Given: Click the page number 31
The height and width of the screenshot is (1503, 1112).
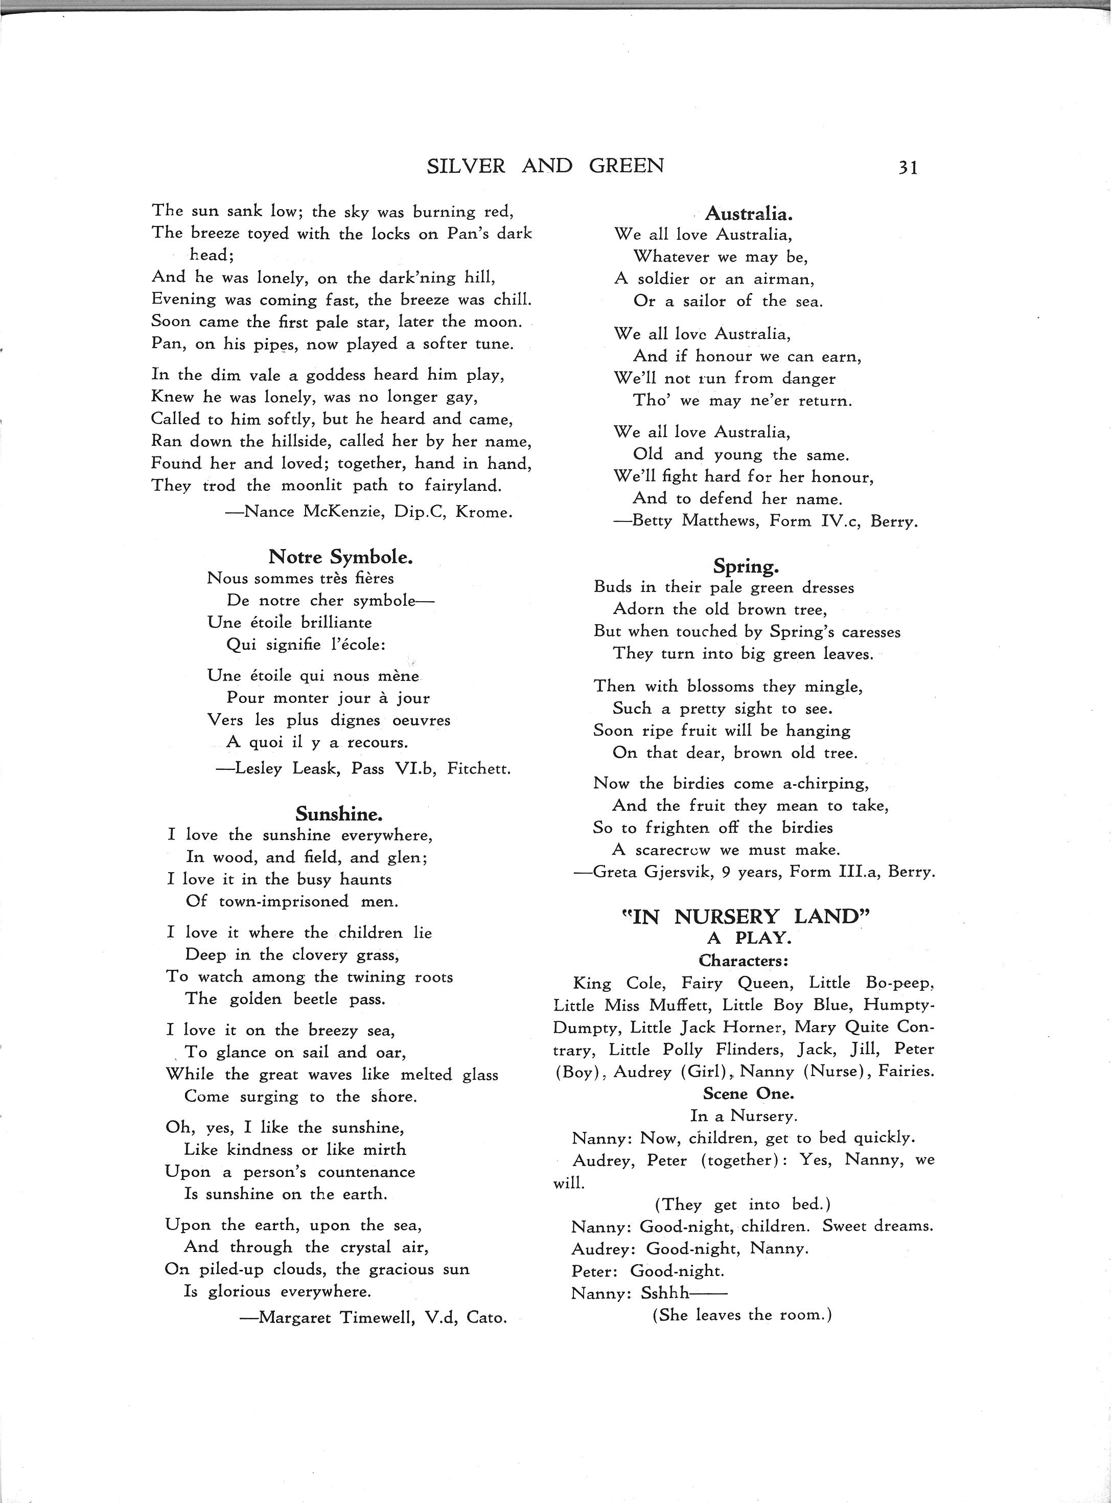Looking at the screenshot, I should tap(908, 168).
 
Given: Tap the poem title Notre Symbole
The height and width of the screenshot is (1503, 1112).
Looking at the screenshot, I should tap(340, 557).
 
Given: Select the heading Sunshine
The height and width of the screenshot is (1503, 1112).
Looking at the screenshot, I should tap(339, 814).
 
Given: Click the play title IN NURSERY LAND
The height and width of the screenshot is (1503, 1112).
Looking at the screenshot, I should tap(745, 917).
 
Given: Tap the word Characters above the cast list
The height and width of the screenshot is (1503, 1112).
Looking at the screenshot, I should tap(743, 960).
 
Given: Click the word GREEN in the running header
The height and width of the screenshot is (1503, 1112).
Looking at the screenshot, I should tap(626, 166).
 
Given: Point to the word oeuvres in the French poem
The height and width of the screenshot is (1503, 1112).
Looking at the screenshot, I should tap(421, 720).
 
